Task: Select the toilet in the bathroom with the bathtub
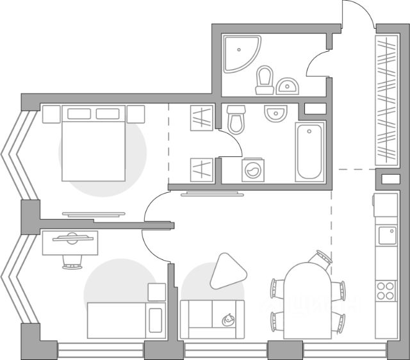tap(236, 119)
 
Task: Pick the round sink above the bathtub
tap(276, 113)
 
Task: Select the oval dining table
tap(307, 301)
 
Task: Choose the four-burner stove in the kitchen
tap(386, 290)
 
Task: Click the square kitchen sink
tap(387, 235)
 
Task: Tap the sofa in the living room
tap(212, 318)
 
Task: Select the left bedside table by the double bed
tap(51, 114)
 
